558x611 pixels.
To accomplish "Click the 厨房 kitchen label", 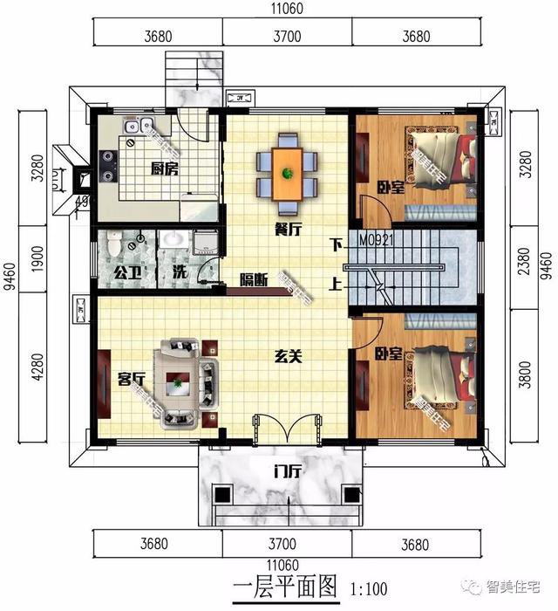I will pos(164,169).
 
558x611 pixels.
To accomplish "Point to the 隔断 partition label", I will pos(254,280).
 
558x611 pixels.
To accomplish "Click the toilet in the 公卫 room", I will pos(116,245).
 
